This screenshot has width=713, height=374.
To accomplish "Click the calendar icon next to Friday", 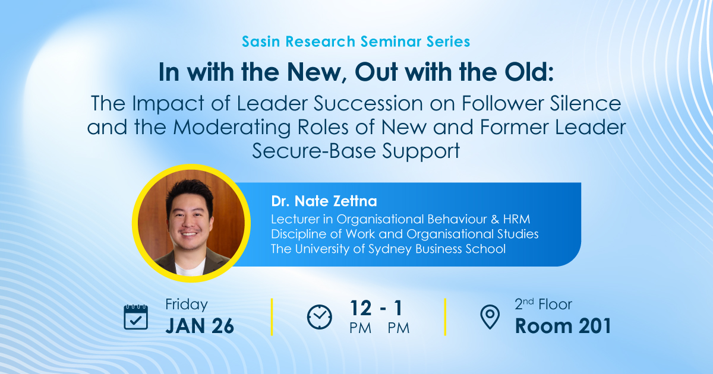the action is click(x=135, y=317).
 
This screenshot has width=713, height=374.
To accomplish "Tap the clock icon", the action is click(x=319, y=317).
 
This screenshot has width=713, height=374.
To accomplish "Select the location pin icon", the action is click(x=490, y=317).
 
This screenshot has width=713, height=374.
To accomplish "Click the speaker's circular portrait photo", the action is click(x=191, y=223).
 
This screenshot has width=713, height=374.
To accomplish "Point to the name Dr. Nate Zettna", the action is click(x=324, y=201).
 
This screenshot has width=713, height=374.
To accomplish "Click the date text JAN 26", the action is click(x=200, y=326).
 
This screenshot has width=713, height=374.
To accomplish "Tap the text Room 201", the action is click(x=563, y=326).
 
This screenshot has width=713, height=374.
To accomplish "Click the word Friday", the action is click(x=186, y=305).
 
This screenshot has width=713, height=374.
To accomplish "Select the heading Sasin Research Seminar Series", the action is click(x=356, y=42).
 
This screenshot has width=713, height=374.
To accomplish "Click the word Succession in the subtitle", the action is click(x=368, y=103).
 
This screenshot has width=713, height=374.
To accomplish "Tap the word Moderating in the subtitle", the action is click(x=232, y=128).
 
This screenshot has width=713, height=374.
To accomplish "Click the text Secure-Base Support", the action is click(x=356, y=151).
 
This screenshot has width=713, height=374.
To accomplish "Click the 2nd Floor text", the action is click(x=543, y=305).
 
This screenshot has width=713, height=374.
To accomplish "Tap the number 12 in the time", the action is click(x=361, y=308).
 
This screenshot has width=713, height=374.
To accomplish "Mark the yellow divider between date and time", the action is click(x=272, y=317).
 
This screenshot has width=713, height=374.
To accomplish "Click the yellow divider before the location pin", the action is click(x=445, y=317).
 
